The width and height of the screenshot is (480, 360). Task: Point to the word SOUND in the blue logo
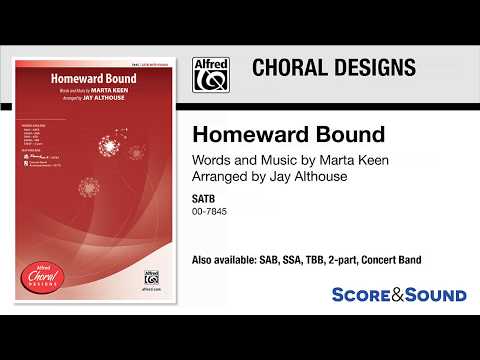(434, 295)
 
